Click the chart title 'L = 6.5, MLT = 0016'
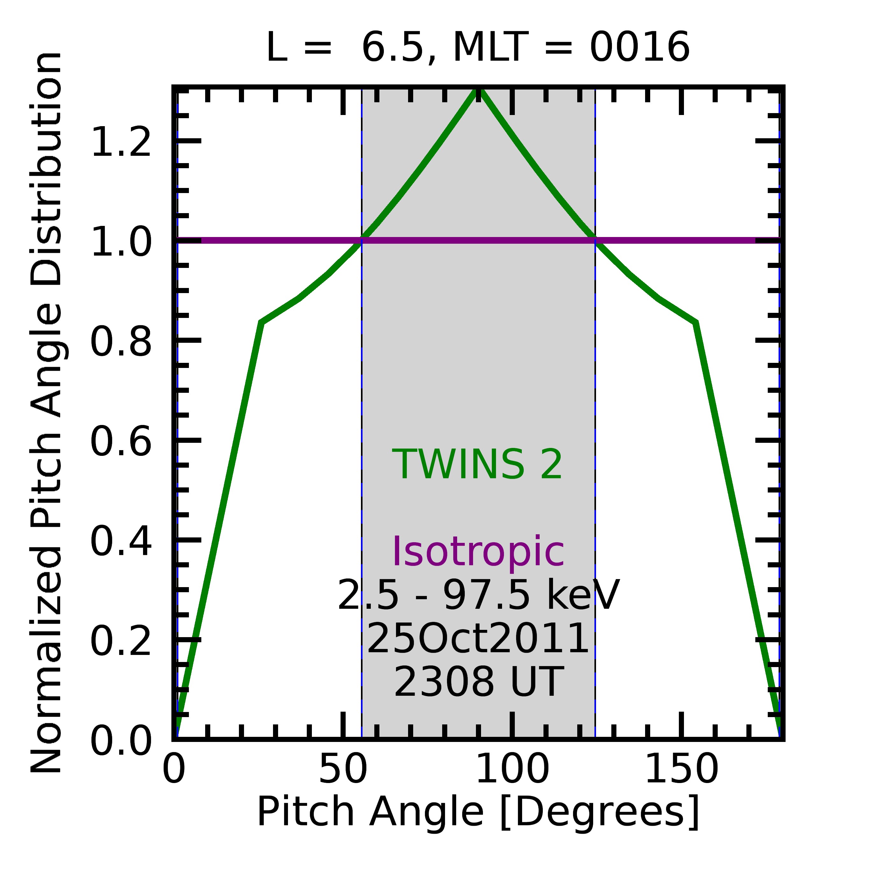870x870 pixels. click(478, 48)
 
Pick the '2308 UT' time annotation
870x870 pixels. click(478, 682)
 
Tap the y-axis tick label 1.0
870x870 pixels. click(121, 242)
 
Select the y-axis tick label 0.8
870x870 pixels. click(121, 342)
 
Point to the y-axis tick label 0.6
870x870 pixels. click(121, 442)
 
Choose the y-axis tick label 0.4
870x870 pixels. click(121, 542)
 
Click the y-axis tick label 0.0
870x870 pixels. click(121, 742)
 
